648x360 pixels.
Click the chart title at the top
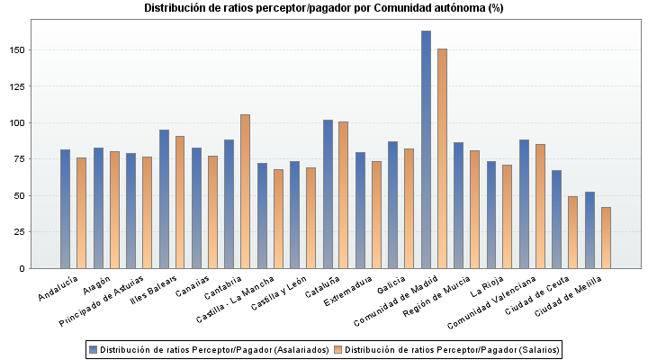[x=324, y=8]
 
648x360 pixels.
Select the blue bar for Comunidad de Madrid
[x=426, y=149]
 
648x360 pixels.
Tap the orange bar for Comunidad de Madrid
[x=442, y=158]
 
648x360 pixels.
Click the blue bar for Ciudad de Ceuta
[x=557, y=219]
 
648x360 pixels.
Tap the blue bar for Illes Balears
[x=164, y=199]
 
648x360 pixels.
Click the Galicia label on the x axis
[x=391, y=287]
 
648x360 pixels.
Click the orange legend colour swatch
[x=337, y=349]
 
